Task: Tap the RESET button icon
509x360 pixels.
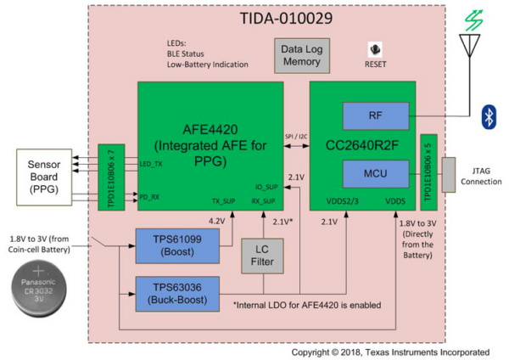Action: [375, 50]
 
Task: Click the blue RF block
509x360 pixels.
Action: [375, 115]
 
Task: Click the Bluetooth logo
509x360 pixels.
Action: [489, 117]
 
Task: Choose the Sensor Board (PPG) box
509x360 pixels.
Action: [50, 177]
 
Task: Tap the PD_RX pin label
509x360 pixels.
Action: [149, 196]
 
